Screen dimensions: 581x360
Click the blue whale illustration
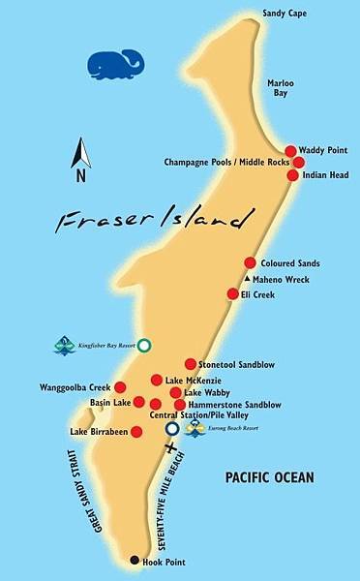click(114, 65)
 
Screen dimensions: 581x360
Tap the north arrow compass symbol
click(82, 160)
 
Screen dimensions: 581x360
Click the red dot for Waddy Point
click(290, 151)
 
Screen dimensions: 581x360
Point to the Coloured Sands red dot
click(250, 262)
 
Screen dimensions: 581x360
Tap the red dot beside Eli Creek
click(232, 293)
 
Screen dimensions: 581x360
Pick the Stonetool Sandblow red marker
click(191, 364)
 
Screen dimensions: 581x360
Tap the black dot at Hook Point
click(134, 561)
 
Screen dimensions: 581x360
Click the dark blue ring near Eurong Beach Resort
click(172, 428)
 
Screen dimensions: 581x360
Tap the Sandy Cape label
click(282, 15)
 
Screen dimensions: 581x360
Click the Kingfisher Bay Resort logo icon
click(66, 345)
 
